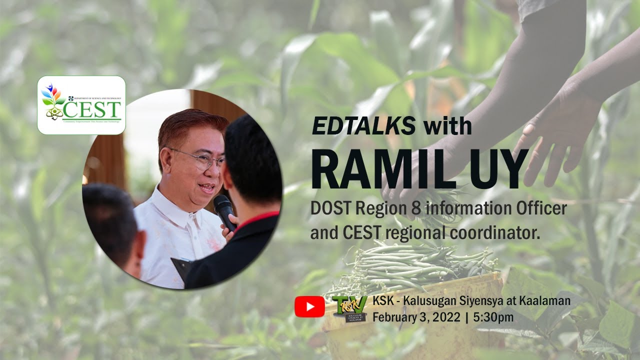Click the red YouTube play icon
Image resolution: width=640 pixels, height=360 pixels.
coord(309,306)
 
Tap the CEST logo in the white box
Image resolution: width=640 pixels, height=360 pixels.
coord(81,105)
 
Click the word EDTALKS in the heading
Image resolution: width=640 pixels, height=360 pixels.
coord(363,126)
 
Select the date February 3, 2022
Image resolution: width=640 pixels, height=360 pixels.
coord(417,316)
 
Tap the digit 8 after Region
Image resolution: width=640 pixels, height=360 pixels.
coord(417,208)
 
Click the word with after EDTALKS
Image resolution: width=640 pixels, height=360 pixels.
coord(447,126)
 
